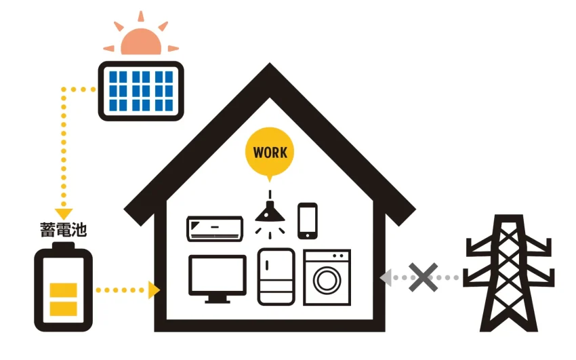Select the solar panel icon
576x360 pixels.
141,91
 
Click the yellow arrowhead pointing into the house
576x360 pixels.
155,290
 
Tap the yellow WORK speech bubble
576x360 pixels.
270,152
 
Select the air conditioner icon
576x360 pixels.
215,228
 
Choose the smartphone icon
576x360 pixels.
308,221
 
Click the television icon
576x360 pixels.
217,278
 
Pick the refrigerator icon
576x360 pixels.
276,277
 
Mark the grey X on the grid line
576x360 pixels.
422,277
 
